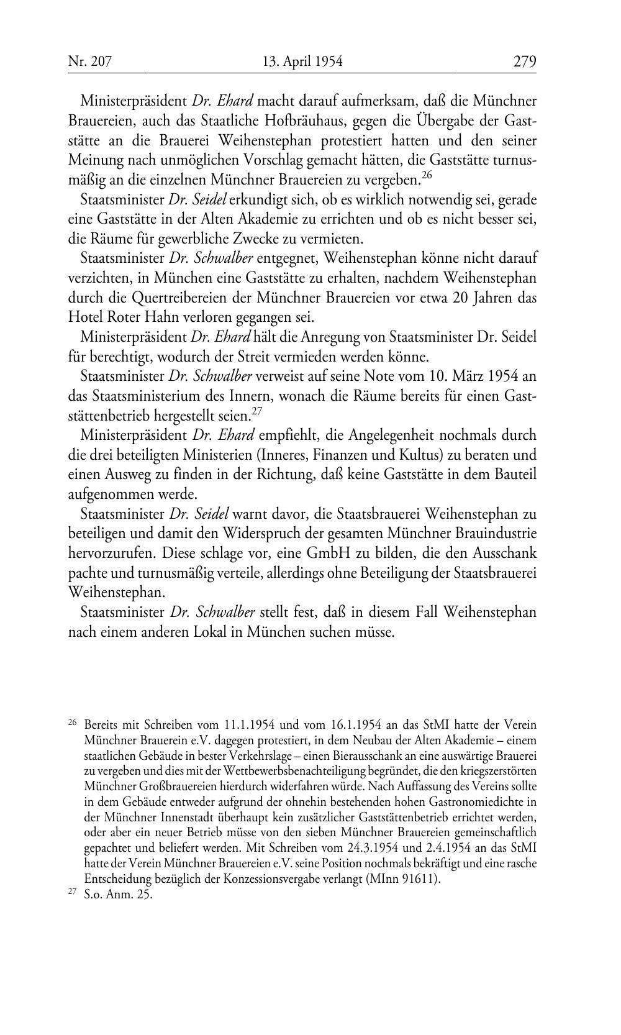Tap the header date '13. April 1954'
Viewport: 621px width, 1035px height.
click(x=302, y=61)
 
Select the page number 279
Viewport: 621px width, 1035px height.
click(x=524, y=61)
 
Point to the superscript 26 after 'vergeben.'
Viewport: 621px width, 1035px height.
click(x=426, y=175)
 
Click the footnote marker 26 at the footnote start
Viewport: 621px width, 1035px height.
click(x=72, y=723)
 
